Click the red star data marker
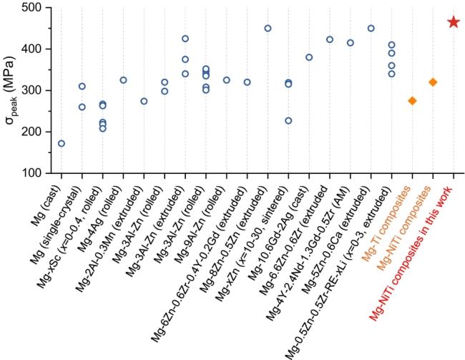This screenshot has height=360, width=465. pos(454,22)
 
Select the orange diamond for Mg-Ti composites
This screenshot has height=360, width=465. pos(412,101)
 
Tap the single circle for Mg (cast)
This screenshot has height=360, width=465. pos(62,143)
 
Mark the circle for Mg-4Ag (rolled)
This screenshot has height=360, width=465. pos(123,80)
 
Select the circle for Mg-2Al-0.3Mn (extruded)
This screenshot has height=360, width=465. pos(144,101)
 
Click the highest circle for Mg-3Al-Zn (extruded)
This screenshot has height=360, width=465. pos(185,39)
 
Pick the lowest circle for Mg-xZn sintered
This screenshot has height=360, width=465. pos(288,121)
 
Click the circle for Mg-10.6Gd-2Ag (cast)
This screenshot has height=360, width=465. pos(309,57)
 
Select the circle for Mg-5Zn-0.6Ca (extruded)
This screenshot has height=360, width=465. pos(371,29)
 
